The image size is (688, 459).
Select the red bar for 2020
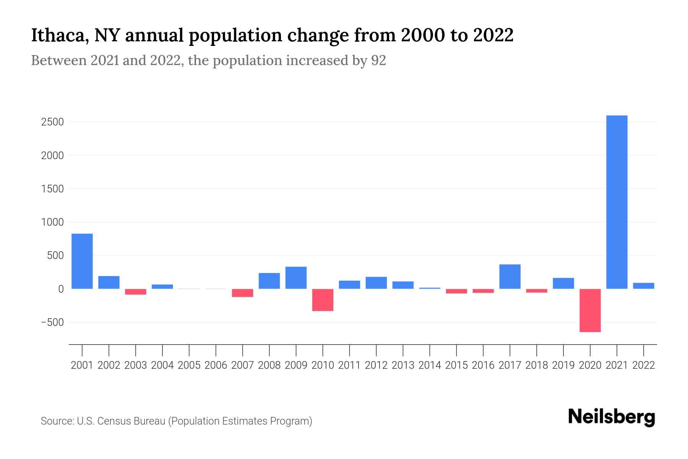click(x=590, y=310)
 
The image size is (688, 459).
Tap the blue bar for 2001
click(x=82, y=261)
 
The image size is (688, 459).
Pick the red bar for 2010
click(x=323, y=300)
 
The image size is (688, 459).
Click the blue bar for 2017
click(x=510, y=276)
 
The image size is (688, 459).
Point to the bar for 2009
click(x=296, y=277)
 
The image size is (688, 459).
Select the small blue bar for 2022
click(x=643, y=286)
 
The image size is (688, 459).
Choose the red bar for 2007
click(x=242, y=293)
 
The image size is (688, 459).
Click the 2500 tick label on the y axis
click(x=53, y=122)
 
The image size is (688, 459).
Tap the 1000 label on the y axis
click(x=53, y=222)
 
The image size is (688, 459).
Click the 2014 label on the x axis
click(x=430, y=365)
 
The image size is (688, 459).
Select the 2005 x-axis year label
click(x=189, y=365)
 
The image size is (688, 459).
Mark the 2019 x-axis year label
click(x=563, y=365)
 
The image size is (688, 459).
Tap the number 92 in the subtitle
click(x=378, y=60)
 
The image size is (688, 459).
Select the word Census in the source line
click(x=114, y=421)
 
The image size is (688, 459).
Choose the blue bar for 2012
click(x=376, y=283)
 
